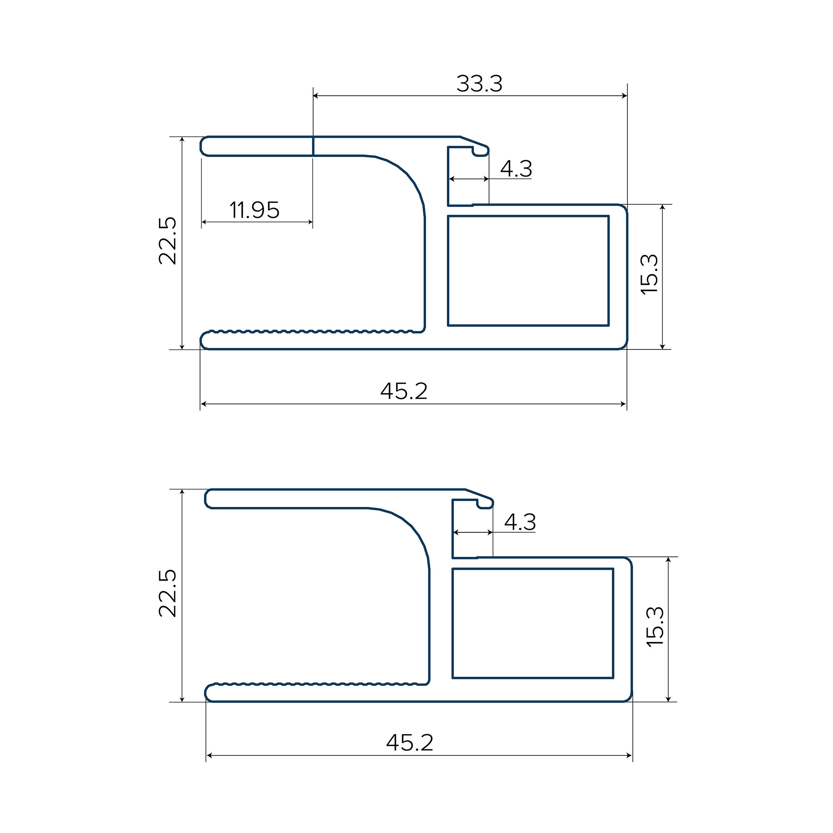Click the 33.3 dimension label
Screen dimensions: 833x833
tap(479, 84)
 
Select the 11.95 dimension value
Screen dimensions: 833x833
tap(254, 210)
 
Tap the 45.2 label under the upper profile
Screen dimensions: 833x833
tap(404, 391)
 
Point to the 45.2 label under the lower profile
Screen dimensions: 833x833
tap(409, 743)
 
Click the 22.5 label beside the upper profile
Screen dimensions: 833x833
tap(168, 241)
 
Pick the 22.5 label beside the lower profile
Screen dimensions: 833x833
tap(168, 593)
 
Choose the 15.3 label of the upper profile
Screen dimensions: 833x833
tap(650, 274)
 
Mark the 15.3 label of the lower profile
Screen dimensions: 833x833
tap(655, 626)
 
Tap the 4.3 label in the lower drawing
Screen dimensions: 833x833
tap(520, 522)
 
